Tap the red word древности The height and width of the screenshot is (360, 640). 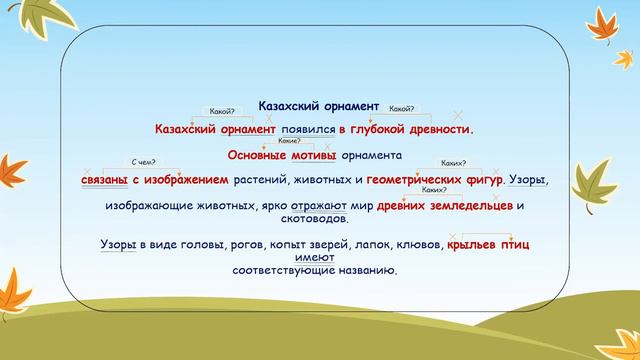click(436, 129)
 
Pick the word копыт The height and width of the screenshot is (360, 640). click(306, 244)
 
